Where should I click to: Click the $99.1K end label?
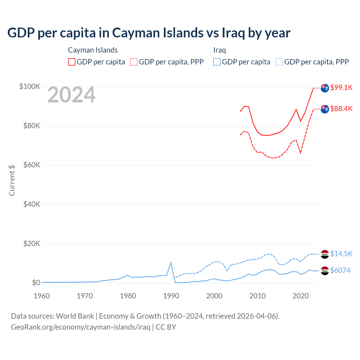coord(341,87)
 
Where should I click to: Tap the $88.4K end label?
coord(341,109)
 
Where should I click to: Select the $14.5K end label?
coord(341,254)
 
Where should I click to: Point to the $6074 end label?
coord(340,270)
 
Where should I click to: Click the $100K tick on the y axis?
coord(30,86)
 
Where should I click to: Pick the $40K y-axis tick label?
coord(32,204)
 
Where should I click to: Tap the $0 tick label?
coord(36,283)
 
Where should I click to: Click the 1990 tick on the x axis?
coord(171,296)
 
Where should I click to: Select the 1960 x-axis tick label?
coord(42,296)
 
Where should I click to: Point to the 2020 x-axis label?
coord(301,296)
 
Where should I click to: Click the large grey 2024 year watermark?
coord(71,95)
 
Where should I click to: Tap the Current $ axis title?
coord(12,180)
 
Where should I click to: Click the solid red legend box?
coord(72,62)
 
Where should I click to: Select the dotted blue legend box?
coord(279,62)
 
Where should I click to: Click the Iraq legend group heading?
coord(219,50)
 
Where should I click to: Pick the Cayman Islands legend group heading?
coord(93,50)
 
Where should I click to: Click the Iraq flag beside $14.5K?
coord(325,254)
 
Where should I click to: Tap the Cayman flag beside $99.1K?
coord(325,88)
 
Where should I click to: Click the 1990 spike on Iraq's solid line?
coord(171,263)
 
